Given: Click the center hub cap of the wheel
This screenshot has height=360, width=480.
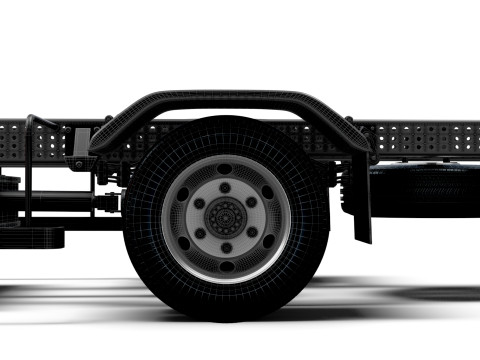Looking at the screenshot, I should tap(226, 214).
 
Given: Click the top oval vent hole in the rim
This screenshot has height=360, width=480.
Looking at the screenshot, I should tap(226, 168).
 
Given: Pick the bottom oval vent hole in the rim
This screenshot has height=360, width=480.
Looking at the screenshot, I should tap(226, 261).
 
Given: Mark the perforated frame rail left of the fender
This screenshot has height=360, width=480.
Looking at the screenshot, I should tap(40, 140).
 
